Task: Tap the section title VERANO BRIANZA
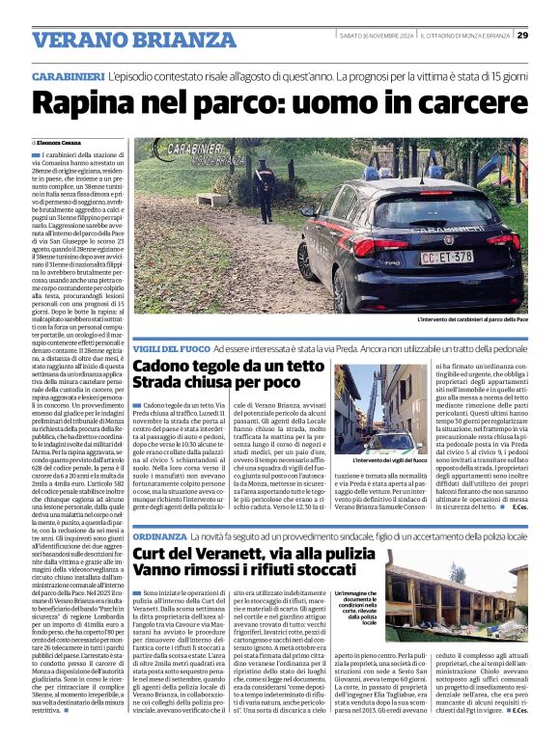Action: [x=121, y=39]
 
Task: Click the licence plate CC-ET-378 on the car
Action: [x=448, y=258]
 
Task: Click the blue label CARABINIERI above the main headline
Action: [x=68, y=75]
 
